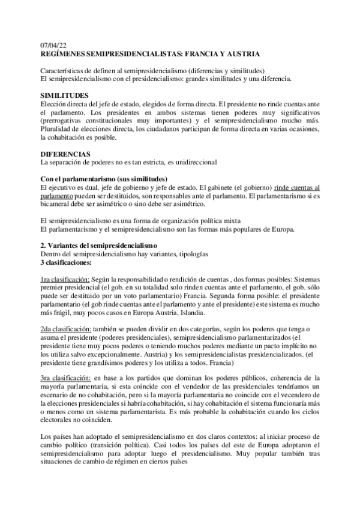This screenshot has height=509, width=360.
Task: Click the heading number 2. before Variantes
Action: (x=43, y=245)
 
